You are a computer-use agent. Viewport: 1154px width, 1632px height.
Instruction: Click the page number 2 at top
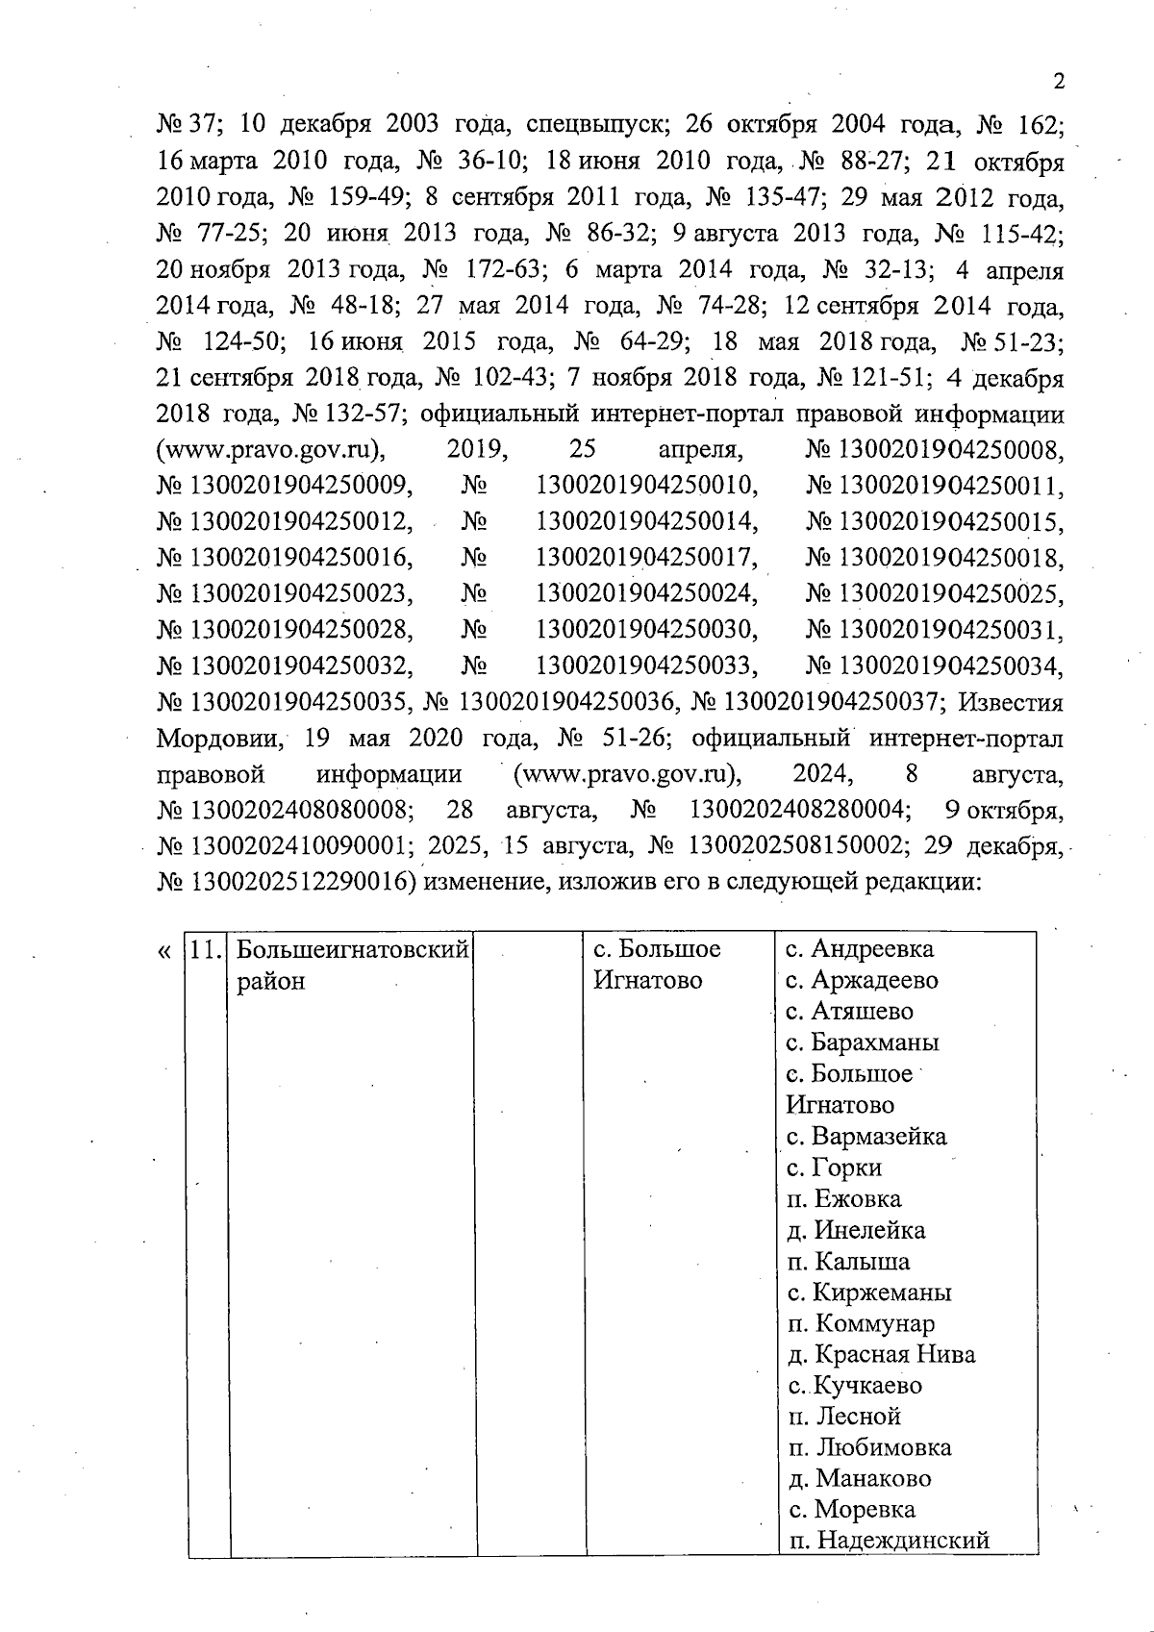pos(1059,81)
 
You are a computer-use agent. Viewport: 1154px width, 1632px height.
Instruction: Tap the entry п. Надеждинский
pos(888,1541)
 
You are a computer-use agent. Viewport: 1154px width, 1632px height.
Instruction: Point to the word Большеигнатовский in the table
pos(352,950)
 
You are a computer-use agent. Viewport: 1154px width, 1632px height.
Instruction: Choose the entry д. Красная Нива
pos(880,1354)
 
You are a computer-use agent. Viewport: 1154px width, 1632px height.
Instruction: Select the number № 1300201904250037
pos(816,702)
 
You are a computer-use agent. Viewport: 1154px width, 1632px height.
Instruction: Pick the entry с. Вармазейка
pos(865,1136)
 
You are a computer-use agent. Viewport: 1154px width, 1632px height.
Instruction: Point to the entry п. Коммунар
pos(860,1323)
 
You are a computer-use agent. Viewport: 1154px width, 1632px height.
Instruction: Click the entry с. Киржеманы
pos(868,1292)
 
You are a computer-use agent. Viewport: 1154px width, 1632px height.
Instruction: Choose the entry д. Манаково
pos(858,1478)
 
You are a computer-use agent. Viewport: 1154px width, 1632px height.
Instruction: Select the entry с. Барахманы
pos(862,1042)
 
